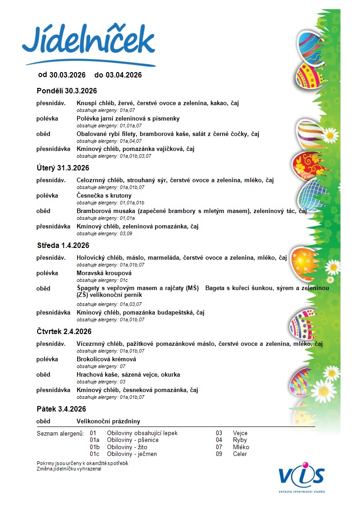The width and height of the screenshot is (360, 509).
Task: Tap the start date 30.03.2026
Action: [x=68, y=75]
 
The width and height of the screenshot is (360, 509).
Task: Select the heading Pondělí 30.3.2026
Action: [x=67, y=91]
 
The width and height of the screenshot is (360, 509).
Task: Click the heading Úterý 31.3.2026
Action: [x=63, y=168]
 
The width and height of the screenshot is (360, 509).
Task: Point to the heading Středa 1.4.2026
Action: [x=63, y=245]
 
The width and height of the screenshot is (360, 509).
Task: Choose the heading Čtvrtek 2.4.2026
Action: [x=64, y=331]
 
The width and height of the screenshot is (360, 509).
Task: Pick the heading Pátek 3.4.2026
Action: [x=61, y=409]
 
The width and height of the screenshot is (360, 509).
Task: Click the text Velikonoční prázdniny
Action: [x=108, y=422]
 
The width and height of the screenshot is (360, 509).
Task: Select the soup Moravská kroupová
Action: [x=104, y=273]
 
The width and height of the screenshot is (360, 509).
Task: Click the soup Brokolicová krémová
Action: [x=107, y=359]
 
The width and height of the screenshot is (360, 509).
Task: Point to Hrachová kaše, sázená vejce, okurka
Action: [x=128, y=375]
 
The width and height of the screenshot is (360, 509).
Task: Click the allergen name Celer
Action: [x=240, y=454]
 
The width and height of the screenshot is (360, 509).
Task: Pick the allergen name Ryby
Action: [x=240, y=440]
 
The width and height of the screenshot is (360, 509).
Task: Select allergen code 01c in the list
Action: [x=94, y=454]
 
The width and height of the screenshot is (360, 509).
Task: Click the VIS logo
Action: [x=302, y=475]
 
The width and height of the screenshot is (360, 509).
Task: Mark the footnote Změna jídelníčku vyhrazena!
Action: [x=69, y=469]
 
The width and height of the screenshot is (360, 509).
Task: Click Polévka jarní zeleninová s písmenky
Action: [x=128, y=119]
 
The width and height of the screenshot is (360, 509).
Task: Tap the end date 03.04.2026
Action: [x=124, y=75]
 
